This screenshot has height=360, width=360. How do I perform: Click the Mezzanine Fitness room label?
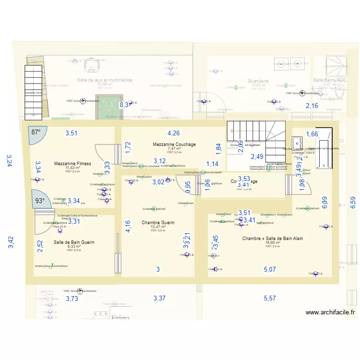point(72,164)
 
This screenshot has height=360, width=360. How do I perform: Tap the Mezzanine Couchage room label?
point(174,144)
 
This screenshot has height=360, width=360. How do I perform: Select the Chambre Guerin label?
point(158,223)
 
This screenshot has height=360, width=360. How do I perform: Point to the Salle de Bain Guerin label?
point(74,242)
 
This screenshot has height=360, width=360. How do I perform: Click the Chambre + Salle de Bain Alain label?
point(272,239)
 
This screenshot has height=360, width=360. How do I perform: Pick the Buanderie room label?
point(258,82)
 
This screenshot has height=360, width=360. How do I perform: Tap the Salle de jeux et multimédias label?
point(105,80)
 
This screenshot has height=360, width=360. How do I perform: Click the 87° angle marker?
point(36,132)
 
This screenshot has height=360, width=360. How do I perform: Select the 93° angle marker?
point(38,201)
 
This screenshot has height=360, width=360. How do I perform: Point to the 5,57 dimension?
point(270,299)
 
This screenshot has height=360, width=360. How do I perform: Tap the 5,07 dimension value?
point(270,270)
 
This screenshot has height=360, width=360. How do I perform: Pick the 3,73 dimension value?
point(72,299)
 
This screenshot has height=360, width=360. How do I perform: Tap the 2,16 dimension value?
point(312,106)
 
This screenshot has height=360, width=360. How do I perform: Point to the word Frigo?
point(120,317)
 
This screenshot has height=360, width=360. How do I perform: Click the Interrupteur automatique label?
point(51,266)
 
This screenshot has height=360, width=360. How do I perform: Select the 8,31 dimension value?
point(125,104)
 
